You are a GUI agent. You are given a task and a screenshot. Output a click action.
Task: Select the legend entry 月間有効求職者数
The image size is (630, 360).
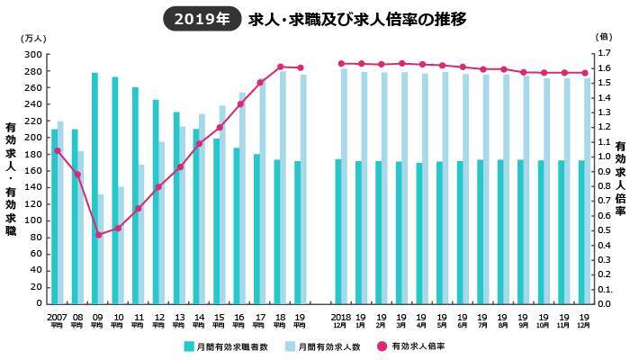(x=226, y=346)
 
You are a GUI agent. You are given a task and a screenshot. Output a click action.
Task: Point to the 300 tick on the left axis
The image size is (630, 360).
(x=35, y=54)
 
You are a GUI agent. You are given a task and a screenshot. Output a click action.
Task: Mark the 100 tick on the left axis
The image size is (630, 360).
(x=35, y=220)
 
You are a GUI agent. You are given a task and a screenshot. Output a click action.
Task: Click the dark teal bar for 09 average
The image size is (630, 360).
(x=94, y=188)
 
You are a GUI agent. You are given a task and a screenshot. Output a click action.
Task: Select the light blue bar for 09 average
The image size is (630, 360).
(x=102, y=248)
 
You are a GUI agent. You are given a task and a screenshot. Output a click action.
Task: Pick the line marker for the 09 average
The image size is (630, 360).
(x=97, y=235)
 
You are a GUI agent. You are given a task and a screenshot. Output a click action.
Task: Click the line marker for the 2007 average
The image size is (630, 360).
(x=57, y=150)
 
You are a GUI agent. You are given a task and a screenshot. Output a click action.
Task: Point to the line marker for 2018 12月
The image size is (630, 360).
(x=340, y=64)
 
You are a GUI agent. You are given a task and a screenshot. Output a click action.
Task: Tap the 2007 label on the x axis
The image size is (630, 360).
(x=57, y=319)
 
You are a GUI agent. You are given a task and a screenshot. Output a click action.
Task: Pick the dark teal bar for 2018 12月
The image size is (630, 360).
(x=337, y=231)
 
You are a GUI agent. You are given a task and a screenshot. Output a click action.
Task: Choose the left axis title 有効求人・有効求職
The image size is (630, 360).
(x=11, y=180)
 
